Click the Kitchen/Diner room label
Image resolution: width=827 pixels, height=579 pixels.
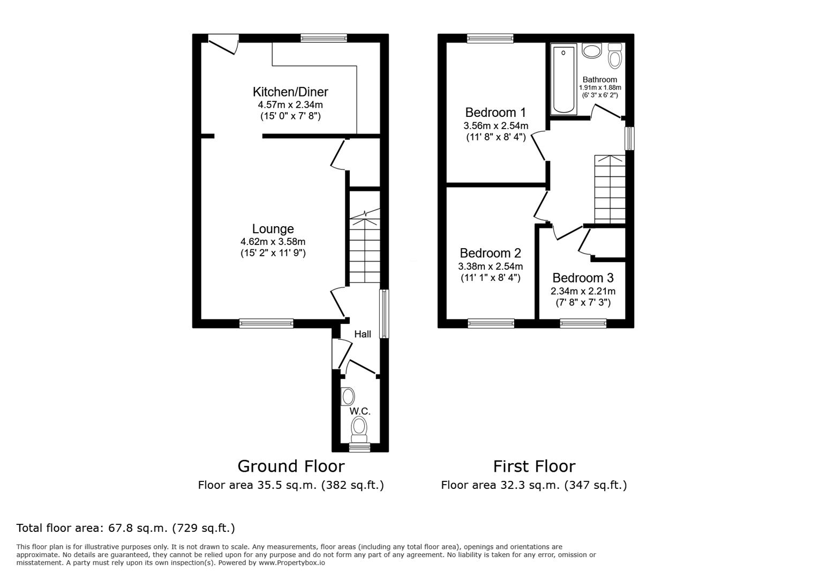(x=290, y=91)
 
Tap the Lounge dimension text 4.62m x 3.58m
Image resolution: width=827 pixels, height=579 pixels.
(x=273, y=242)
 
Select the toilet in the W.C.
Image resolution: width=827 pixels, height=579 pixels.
(x=359, y=428)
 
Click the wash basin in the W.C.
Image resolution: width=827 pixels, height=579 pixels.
(x=348, y=397)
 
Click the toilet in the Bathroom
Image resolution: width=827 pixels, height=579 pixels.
(x=615, y=56)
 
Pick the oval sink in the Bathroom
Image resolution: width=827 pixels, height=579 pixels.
(x=592, y=51)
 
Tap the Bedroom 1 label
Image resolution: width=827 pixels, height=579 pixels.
(x=495, y=113)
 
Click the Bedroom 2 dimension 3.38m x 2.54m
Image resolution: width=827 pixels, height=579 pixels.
(x=490, y=266)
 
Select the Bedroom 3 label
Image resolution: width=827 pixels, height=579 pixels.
(x=583, y=278)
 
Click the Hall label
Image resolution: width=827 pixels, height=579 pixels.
(x=363, y=335)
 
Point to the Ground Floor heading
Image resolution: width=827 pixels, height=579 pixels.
(x=291, y=466)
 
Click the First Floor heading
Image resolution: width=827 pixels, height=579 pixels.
(x=534, y=466)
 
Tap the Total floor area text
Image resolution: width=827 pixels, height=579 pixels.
(x=126, y=528)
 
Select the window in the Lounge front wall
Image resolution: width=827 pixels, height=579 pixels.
(x=266, y=323)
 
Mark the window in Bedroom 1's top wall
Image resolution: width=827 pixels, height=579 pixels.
(x=490, y=38)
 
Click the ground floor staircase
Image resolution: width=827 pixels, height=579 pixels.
(x=365, y=249)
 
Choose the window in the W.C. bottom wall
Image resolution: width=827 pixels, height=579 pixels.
(x=359, y=447)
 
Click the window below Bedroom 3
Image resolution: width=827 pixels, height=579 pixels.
(x=583, y=323)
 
